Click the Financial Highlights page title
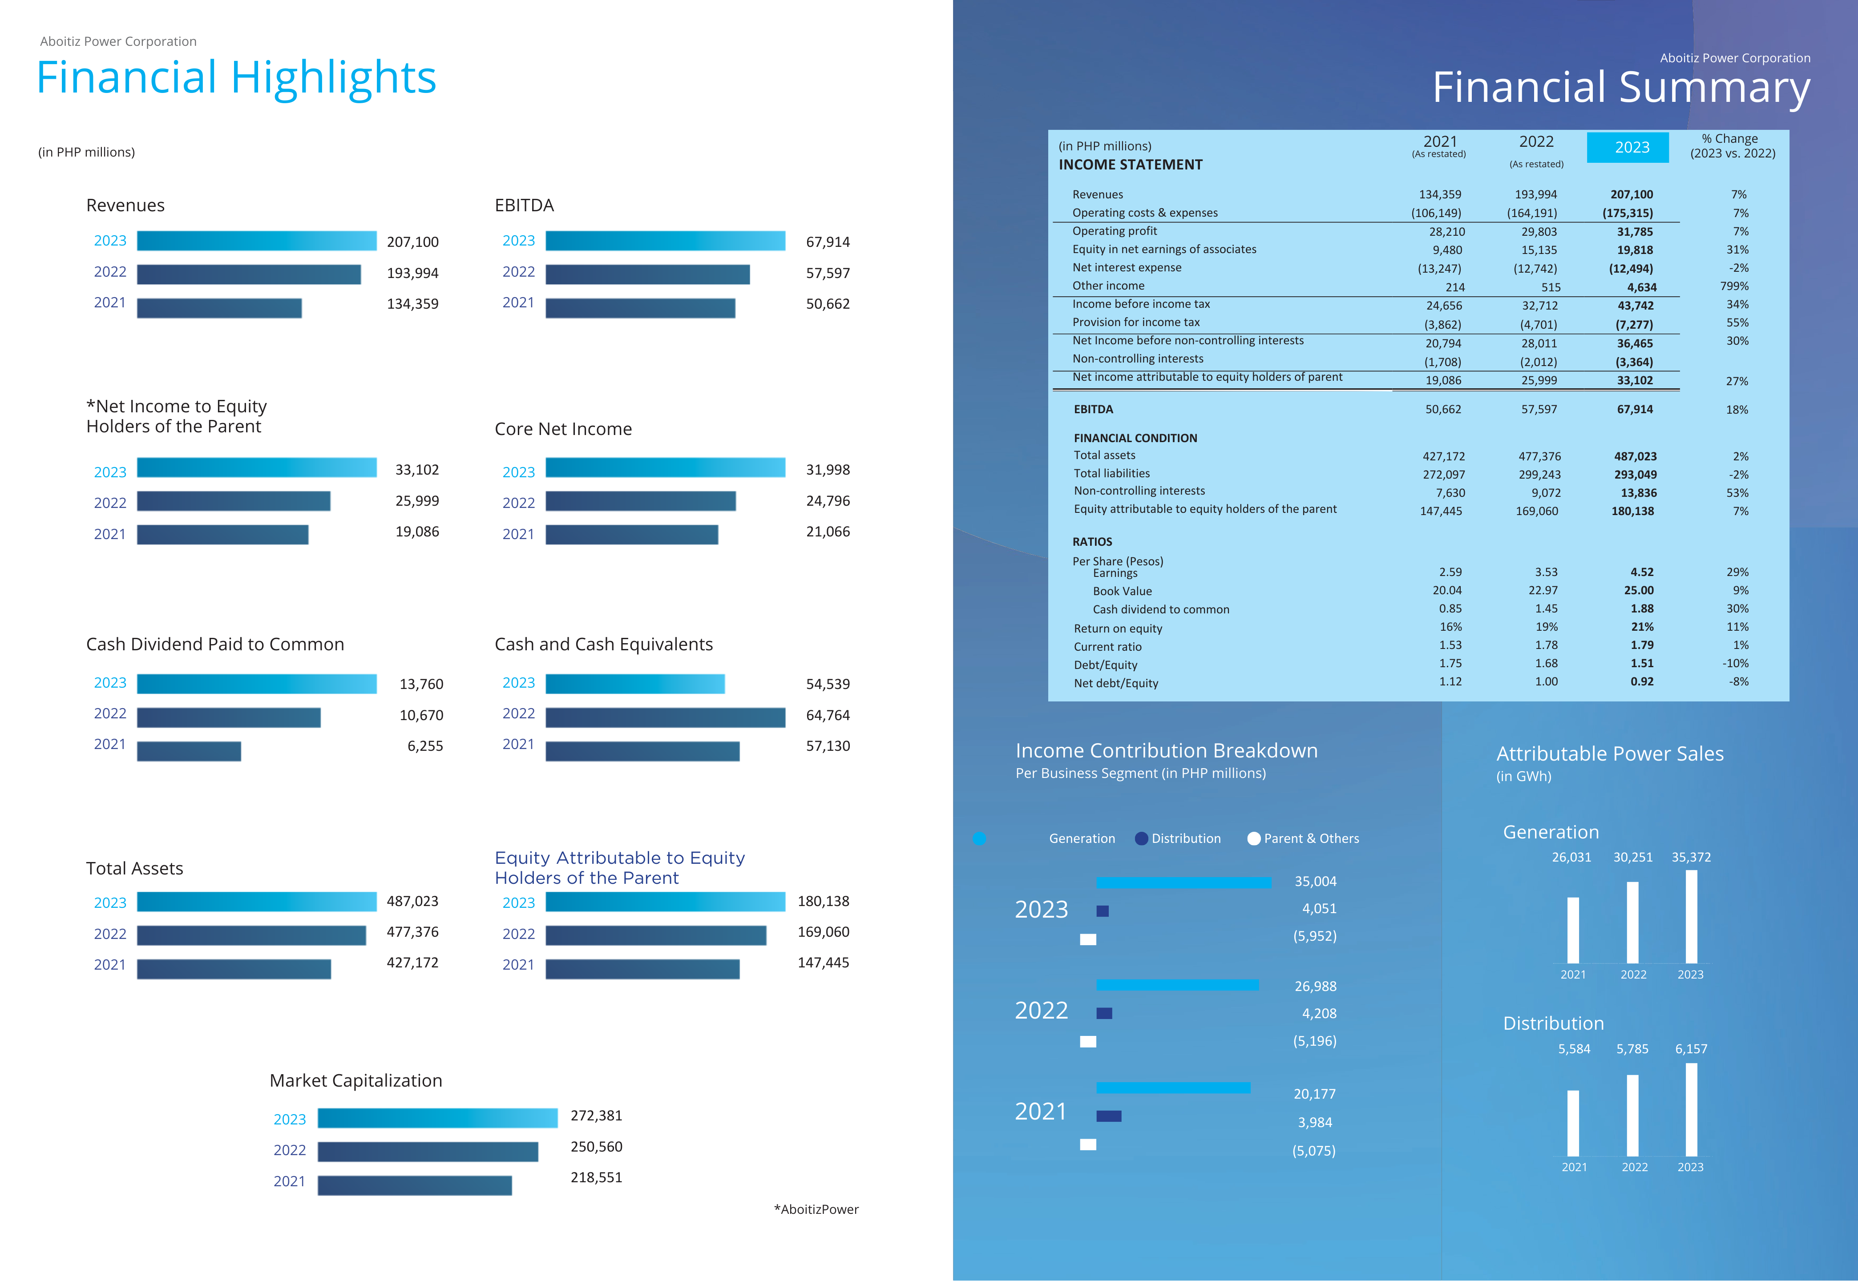tap(236, 78)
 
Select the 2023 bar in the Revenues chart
tap(256, 241)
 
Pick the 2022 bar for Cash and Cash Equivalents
tap(665, 717)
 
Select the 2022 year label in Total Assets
tap(110, 934)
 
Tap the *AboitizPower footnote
tap(816, 1209)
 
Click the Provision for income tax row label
tap(1135, 322)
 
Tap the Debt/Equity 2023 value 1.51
tap(1641, 664)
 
